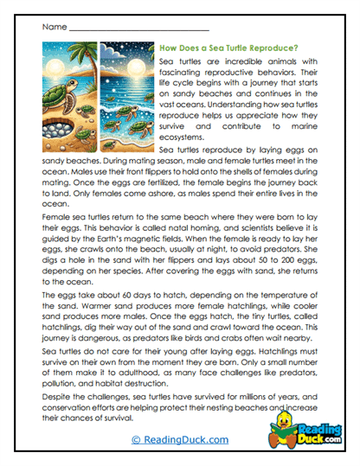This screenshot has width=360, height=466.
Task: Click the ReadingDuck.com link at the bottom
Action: (x=179, y=438)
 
